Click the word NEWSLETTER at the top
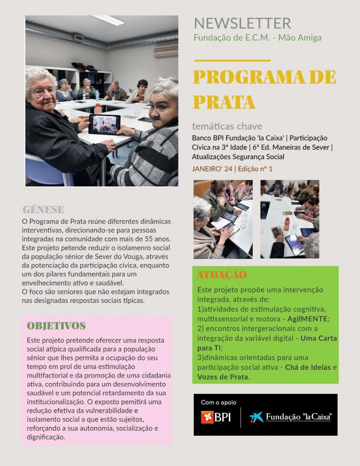242,23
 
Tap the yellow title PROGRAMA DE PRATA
264,89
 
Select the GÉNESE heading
43,209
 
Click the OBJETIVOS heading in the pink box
56,326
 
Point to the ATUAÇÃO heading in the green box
222,275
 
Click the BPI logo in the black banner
215,417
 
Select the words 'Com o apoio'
218,402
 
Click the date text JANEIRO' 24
212,169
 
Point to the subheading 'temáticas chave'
227,126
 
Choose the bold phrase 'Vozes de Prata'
223,377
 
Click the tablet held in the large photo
104,124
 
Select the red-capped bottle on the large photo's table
98,108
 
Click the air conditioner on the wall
166,51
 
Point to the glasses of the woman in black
42,91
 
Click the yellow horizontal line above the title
232,61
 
